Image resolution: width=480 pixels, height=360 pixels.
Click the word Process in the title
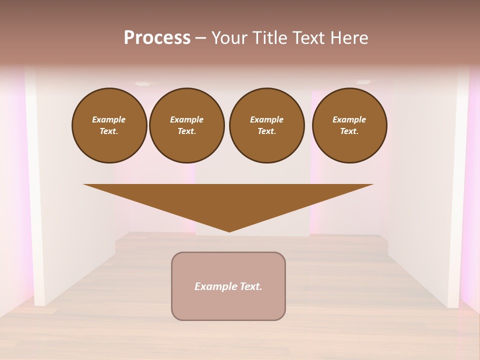tap(157, 38)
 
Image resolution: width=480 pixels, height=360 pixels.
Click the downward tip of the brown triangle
tap(229, 230)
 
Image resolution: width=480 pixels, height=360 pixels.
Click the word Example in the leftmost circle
tap(109, 119)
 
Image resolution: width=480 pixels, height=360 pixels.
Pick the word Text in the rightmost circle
tap(349, 131)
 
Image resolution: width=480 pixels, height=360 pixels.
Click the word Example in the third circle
tap(266, 119)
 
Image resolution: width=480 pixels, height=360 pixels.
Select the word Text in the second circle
tap(186, 131)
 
